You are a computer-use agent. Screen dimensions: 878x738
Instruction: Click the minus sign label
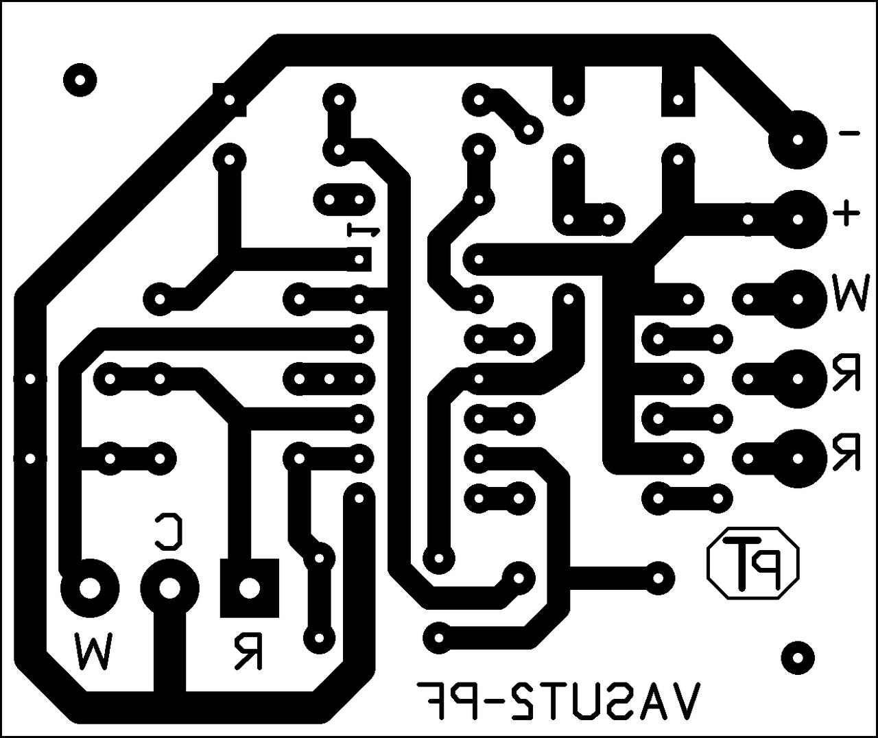click(x=849, y=133)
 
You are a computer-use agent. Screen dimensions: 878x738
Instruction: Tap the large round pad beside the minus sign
click(x=797, y=141)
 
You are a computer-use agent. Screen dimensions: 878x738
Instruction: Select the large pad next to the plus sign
click(x=797, y=219)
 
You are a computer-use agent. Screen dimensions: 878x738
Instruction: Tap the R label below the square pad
click(x=247, y=652)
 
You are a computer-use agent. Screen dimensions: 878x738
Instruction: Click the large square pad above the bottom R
click(x=249, y=588)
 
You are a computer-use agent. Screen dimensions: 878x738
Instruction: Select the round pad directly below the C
click(x=169, y=588)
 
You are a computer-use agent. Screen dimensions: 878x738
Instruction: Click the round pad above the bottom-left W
click(x=89, y=588)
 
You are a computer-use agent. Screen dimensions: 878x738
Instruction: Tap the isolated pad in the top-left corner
click(x=80, y=81)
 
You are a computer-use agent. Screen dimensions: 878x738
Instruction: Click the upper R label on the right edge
click(x=848, y=373)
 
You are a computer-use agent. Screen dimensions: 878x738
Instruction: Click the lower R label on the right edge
click(x=848, y=453)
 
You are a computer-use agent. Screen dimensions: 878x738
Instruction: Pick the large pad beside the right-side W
click(x=797, y=299)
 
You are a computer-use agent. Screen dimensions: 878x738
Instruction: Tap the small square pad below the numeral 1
click(x=359, y=259)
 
